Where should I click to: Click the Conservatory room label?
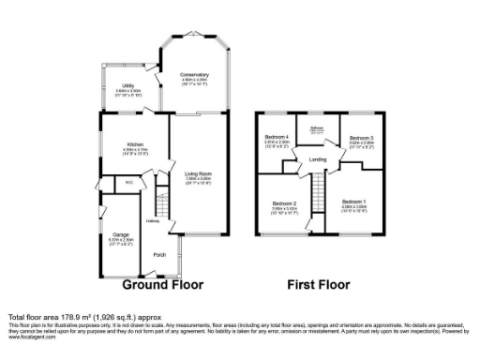195,75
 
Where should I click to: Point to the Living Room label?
198,172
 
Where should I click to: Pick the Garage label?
121,234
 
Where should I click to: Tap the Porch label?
160,254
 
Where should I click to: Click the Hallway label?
152,222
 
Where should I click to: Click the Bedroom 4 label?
277,138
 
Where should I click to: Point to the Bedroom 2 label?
284,203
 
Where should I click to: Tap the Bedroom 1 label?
353,202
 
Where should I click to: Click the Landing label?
318,160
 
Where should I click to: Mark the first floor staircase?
319,197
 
